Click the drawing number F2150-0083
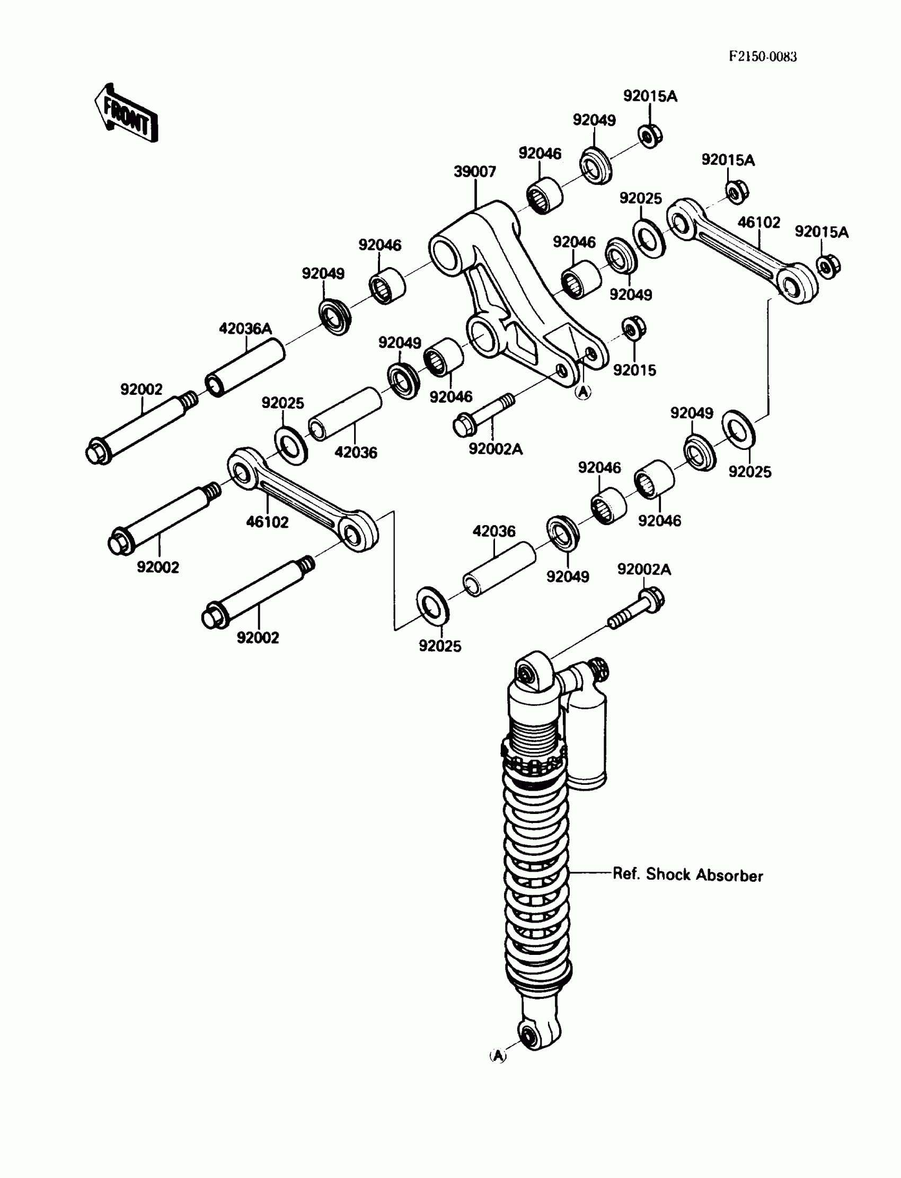762,57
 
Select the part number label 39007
475,172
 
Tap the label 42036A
245,329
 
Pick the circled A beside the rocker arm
583,393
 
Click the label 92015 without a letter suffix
634,370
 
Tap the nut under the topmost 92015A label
650,136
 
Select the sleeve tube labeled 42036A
245,367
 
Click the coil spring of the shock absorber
536,858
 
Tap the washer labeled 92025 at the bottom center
432,605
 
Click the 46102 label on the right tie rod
759,222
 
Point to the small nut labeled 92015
633,328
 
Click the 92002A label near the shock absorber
643,569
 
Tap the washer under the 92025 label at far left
290,445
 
